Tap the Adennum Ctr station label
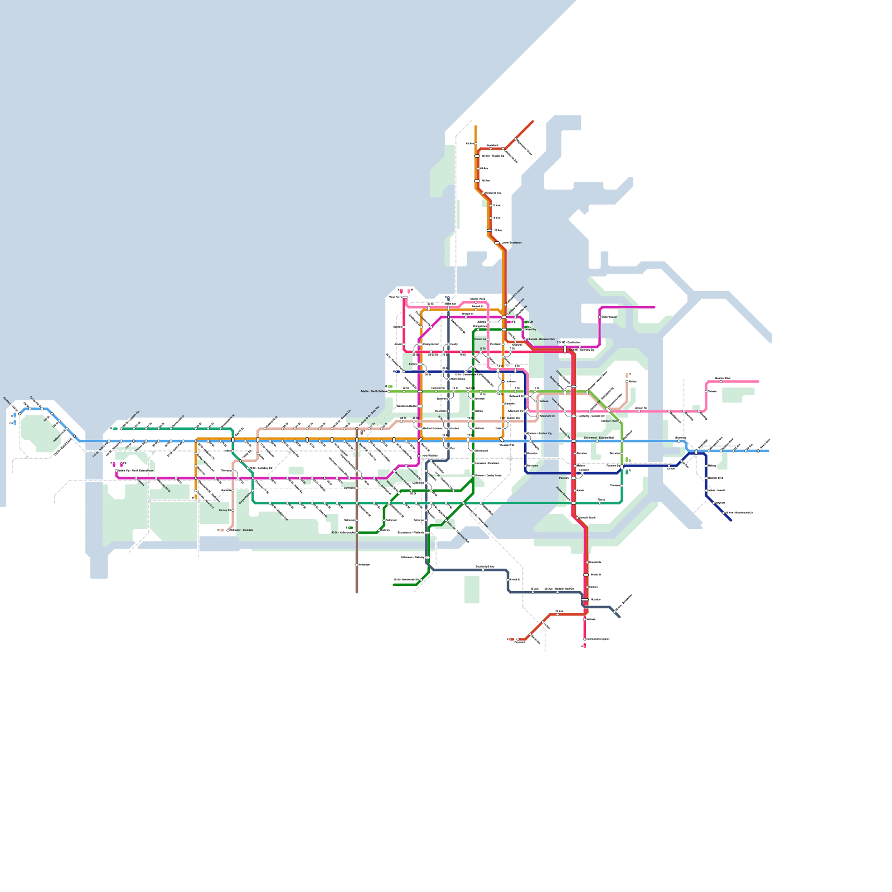[547, 416]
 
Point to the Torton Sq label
[480, 339]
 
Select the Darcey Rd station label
[224, 510]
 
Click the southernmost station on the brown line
[357, 565]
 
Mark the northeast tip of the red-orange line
[532, 122]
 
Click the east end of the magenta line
[654, 307]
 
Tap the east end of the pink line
[758, 382]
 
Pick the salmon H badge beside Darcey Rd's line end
[221, 530]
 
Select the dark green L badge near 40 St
[350, 527]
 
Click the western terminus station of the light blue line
[20, 413]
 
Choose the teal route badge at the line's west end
[115, 429]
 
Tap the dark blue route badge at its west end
[397, 371]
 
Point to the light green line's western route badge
[390, 386]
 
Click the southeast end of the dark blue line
[731, 521]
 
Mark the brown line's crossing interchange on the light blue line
[357, 440]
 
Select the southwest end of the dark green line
[394, 585]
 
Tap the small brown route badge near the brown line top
[362, 432]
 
